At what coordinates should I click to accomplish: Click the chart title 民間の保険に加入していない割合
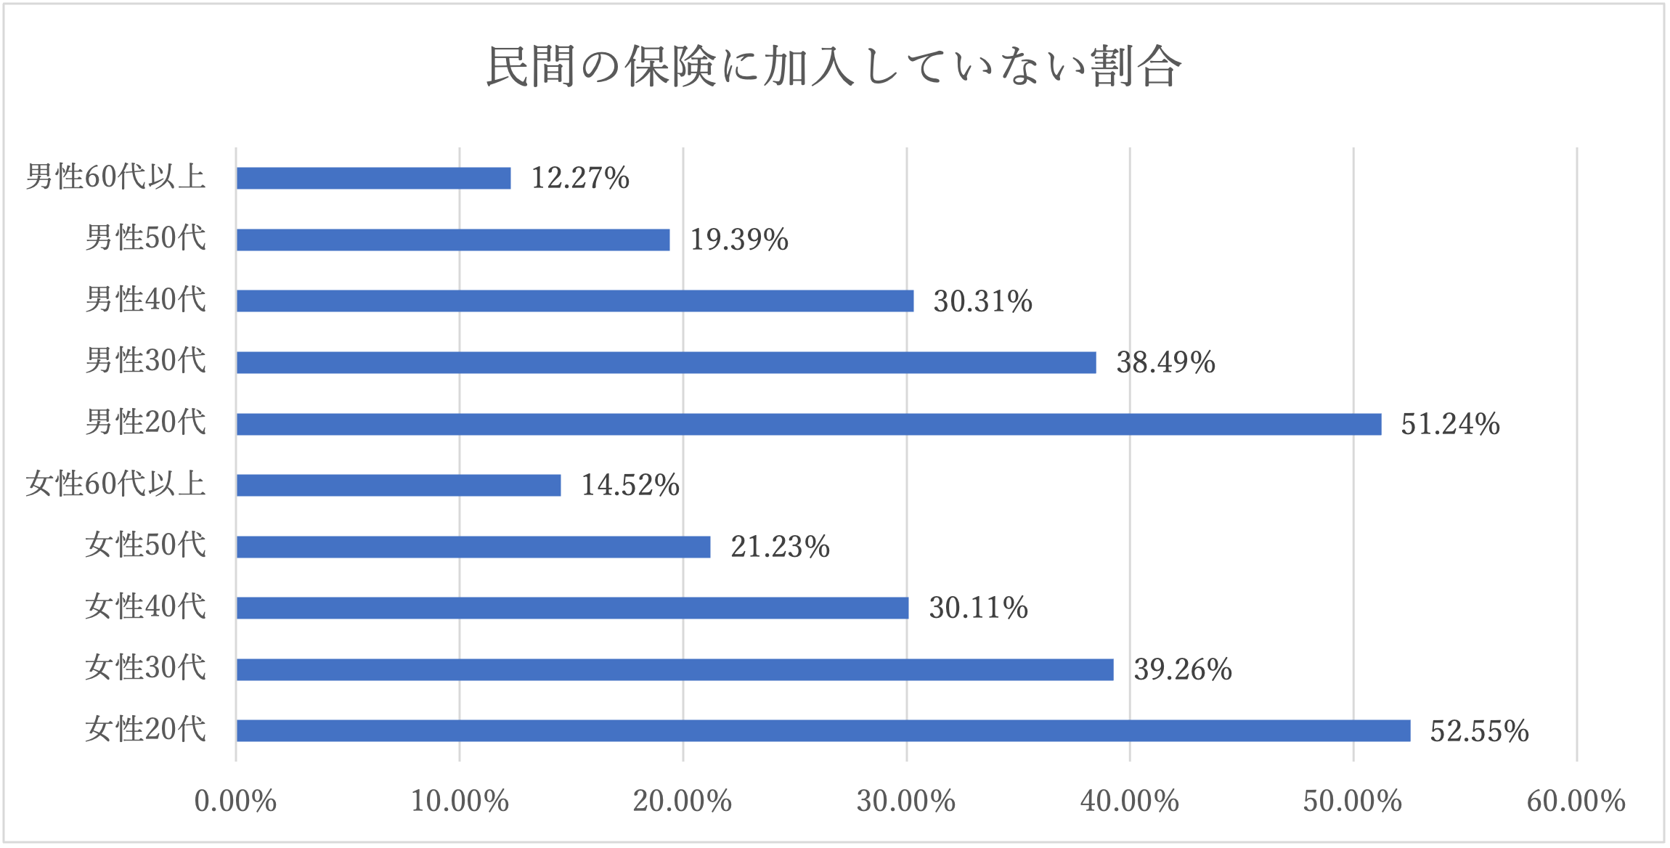(834, 67)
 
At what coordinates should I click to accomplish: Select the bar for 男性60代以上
(373, 178)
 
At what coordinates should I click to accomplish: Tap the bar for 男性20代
(809, 424)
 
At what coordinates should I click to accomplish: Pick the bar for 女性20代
(823, 730)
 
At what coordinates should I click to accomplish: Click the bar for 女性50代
(473, 547)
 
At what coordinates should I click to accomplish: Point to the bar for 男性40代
(575, 301)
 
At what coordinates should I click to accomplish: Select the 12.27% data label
(580, 178)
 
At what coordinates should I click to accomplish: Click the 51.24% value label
(1450, 424)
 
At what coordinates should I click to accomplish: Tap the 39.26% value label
(1183, 669)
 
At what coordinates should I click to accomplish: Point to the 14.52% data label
(630, 485)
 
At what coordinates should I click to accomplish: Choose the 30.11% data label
(978, 608)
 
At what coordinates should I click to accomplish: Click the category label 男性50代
(146, 239)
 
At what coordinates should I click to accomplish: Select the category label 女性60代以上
(116, 484)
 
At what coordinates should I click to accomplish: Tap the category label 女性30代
(146, 668)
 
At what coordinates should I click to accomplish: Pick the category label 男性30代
(146, 362)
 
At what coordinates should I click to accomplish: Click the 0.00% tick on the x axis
(235, 802)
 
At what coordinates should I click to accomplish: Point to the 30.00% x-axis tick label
(906, 802)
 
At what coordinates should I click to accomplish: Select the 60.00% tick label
(1576, 802)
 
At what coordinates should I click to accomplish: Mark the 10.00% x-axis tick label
(460, 802)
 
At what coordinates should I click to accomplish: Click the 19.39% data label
(739, 240)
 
